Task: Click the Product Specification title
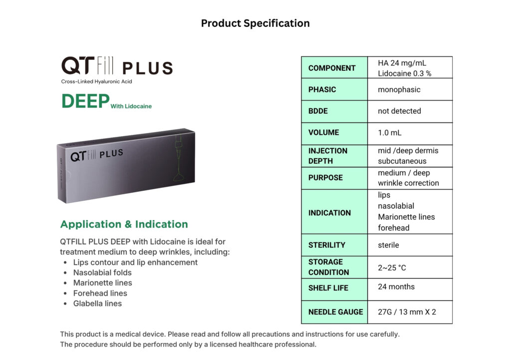point(255,23)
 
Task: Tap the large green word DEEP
point(85,101)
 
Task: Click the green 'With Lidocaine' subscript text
point(131,106)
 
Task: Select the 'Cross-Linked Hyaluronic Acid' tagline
point(96,81)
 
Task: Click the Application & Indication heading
point(124,224)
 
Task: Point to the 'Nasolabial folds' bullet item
point(102,273)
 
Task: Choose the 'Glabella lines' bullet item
point(97,304)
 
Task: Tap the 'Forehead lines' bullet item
point(100,293)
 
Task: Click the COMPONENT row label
point(332,68)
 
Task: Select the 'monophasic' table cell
point(399,90)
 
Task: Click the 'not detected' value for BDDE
point(399,111)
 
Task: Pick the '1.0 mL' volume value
point(389,133)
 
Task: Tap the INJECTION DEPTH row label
point(328,156)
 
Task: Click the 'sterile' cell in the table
point(388,245)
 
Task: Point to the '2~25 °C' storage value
point(392,268)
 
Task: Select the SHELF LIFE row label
point(328,288)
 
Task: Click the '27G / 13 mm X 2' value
point(407,312)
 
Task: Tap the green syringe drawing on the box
point(178,158)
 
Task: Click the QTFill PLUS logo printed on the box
point(97,155)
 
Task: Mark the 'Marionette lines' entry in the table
point(406,217)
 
